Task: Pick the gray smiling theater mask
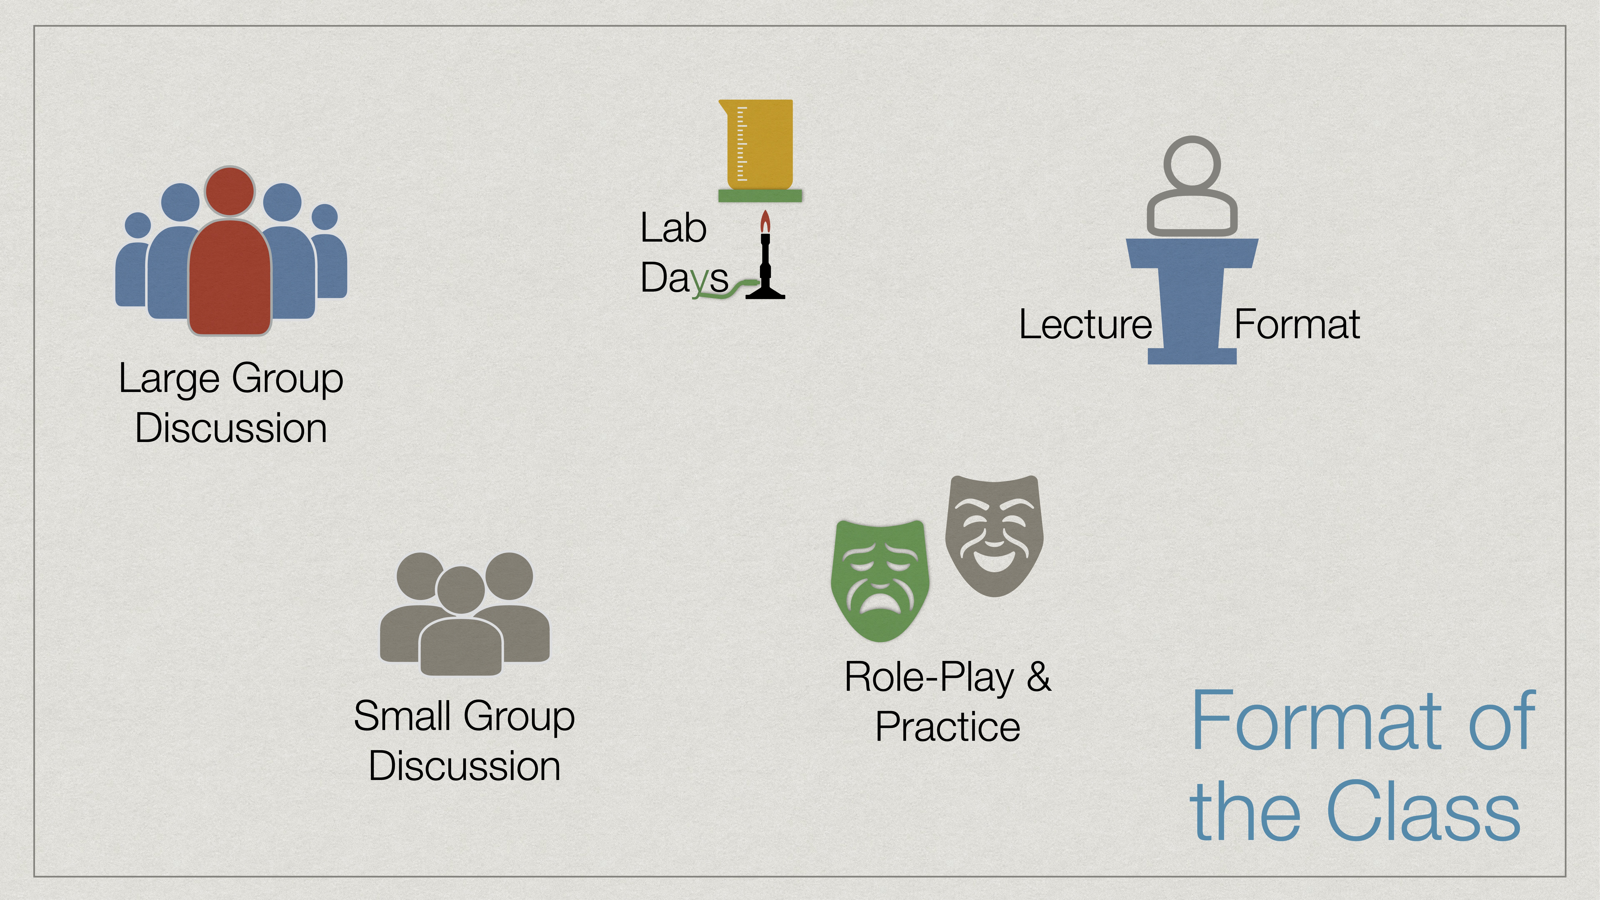pos(994,534)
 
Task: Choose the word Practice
pos(947,727)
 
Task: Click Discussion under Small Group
pos(464,766)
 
